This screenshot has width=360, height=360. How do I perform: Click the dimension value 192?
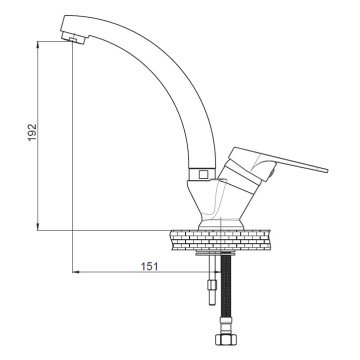tap(32, 132)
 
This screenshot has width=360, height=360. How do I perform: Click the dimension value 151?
tap(149, 266)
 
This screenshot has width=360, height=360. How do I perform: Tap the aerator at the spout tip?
tap(73, 38)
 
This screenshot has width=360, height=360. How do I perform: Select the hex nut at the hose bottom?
tap(226, 339)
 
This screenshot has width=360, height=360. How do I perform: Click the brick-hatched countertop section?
tap(220, 240)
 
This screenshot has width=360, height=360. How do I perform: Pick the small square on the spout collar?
tap(202, 174)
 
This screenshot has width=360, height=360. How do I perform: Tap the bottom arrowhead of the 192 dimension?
tap(38, 227)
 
